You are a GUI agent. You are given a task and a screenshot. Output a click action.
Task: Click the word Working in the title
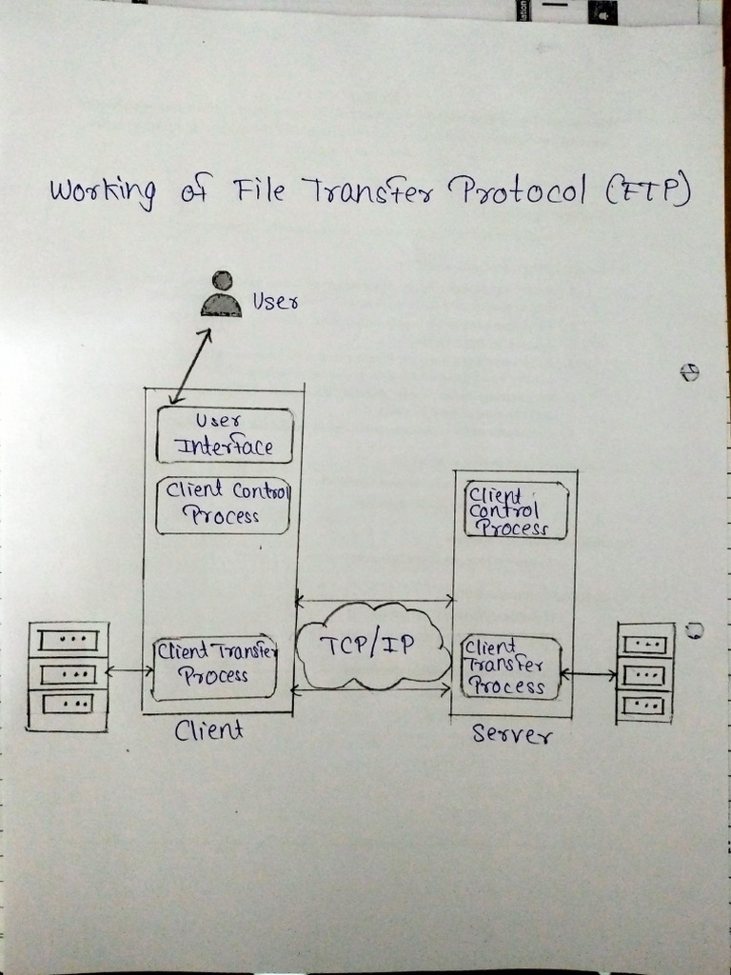coord(102,192)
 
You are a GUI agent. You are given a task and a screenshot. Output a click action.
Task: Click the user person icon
coord(222,294)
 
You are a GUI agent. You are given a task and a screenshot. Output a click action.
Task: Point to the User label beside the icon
coord(275,303)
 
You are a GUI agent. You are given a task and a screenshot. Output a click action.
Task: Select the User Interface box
coord(225,435)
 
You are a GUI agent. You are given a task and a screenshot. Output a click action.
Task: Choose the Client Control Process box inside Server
coord(516,510)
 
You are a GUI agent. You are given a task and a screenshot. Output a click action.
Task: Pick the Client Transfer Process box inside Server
coord(510,667)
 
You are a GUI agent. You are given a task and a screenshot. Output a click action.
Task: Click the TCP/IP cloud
coord(371,646)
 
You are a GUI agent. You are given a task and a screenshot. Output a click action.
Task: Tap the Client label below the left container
coord(208,730)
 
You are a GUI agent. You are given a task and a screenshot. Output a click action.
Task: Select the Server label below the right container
coord(511,734)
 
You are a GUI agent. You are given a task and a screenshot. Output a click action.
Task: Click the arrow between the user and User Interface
coord(190,366)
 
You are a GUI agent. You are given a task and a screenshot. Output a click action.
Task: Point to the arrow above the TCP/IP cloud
coord(374,601)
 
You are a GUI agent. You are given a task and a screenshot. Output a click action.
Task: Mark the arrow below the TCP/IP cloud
coord(371,688)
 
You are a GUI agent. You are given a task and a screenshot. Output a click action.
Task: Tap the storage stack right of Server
coord(645,672)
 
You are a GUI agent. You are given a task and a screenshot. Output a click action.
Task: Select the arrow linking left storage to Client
coord(129,671)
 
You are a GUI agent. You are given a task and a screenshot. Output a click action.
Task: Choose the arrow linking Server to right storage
coord(589,674)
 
